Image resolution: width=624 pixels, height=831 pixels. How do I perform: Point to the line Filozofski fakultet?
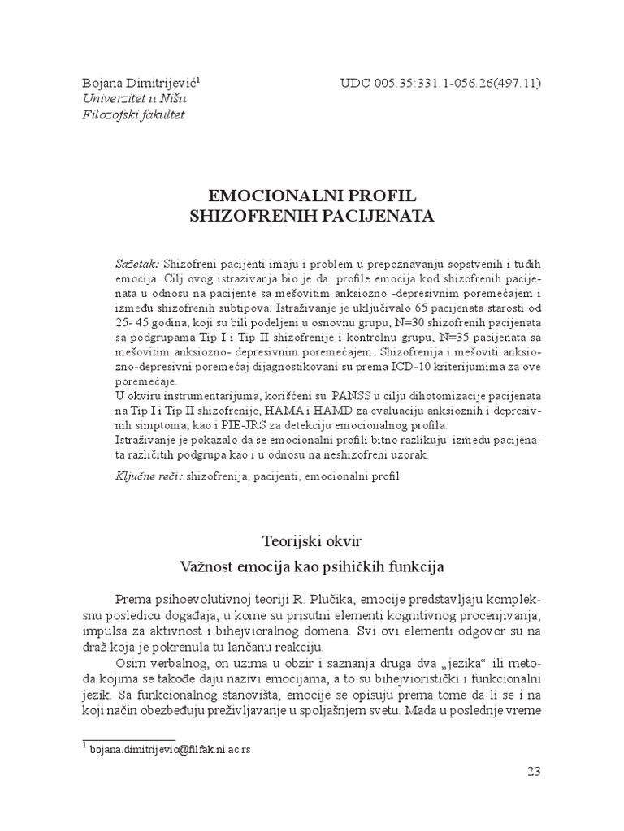click(x=133, y=114)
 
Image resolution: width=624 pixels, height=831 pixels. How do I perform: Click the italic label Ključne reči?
click(x=149, y=475)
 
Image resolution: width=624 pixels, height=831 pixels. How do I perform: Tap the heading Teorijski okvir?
click(x=312, y=540)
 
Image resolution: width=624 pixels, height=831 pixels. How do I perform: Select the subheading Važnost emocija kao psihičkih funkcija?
click(x=312, y=563)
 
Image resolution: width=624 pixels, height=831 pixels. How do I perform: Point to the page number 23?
click(x=534, y=772)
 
